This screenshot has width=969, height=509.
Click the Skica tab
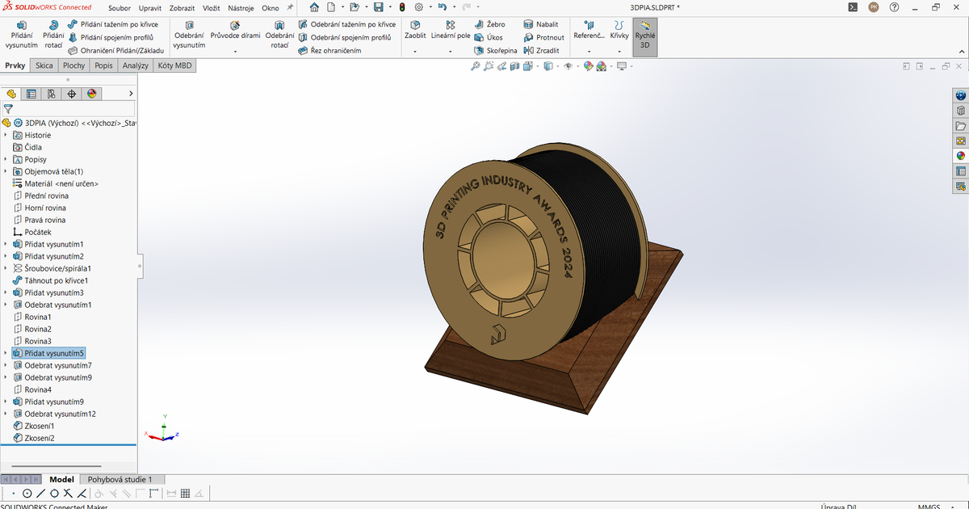[44, 65]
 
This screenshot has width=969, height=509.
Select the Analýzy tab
[136, 65]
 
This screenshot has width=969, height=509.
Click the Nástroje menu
[241, 8]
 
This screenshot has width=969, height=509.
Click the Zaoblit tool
[415, 36]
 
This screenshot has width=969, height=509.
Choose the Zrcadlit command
[542, 50]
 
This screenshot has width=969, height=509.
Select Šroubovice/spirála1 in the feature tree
[57, 268]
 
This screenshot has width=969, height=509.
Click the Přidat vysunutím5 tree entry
[54, 353]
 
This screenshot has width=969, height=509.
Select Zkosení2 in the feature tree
[40, 438]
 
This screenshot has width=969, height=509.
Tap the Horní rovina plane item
[45, 208]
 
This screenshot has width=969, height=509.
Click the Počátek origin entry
[38, 232]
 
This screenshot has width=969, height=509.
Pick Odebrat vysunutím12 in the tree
[60, 414]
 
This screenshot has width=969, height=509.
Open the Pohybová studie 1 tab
[120, 480]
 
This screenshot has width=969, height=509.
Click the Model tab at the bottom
[62, 480]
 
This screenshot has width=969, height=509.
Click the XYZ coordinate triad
[164, 431]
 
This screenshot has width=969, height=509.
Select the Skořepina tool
[495, 50]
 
